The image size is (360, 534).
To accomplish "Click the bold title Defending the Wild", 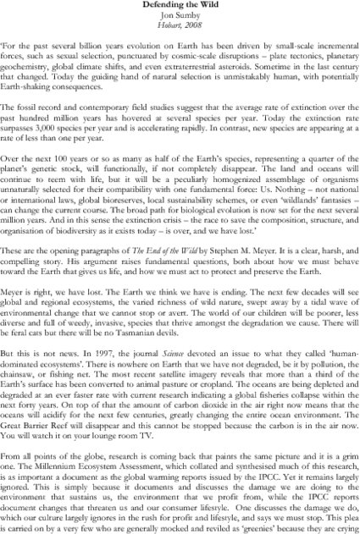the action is click(180, 7).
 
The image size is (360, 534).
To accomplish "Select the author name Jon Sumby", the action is click(180, 17).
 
